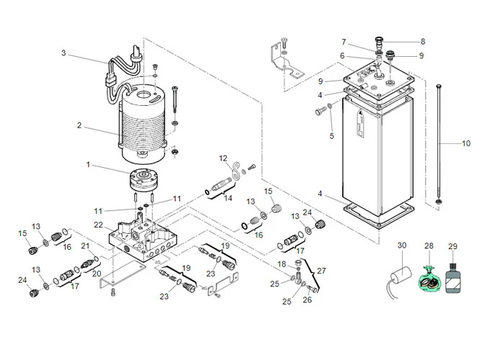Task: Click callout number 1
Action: [88, 164]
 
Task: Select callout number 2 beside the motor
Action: [80, 126]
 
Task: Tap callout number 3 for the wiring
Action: [63, 53]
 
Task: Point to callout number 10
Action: [466, 143]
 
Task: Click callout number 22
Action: [98, 225]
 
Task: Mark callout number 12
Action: [223, 158]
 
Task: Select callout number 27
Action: [322, 271]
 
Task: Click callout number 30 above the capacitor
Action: [401, 246]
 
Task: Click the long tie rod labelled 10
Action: [437, 144]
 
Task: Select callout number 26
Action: [307, 300]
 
